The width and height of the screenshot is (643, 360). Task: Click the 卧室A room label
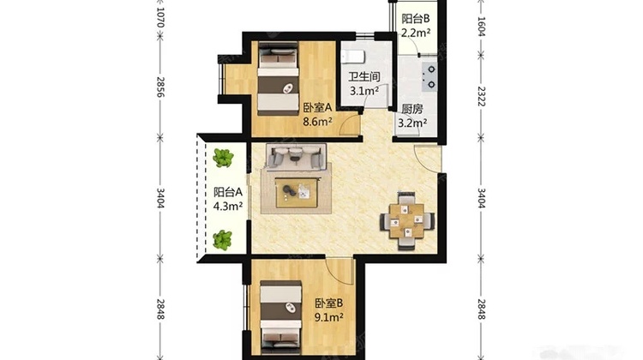point(317,108)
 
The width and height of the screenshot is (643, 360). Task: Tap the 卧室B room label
point(329,303)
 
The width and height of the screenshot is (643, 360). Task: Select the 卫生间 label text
point(364,76)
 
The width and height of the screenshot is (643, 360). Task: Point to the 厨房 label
point(412,109)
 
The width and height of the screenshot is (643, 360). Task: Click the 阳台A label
point(228,192)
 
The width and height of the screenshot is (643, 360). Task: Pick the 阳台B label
point(416,19)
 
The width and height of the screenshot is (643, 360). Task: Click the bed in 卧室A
point(278,79)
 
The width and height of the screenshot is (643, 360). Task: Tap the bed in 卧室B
point(281,316)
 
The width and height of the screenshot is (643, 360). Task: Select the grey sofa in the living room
point(296,156)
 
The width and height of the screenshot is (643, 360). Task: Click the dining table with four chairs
point(407,220)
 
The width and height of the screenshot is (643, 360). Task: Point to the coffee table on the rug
point(297,193)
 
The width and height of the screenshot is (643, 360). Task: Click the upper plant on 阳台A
point(223,158)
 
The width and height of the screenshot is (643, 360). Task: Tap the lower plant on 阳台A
point(222,240)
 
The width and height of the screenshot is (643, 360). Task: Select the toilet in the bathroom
point(352,57)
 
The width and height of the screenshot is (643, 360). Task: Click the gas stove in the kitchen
point(430,76)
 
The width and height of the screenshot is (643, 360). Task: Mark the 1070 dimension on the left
point(160,18)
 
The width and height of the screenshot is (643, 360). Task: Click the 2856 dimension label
point(160,87)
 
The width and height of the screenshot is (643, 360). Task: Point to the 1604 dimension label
point(482,27)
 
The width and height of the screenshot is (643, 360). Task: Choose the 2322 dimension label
point(482,96)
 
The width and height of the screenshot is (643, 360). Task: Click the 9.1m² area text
point(329,317)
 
